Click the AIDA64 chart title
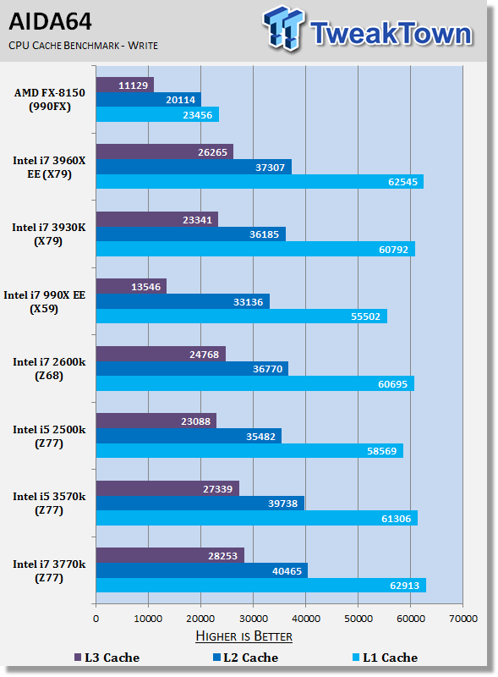(x=50, y=22)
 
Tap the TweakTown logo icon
(x=283, y=28)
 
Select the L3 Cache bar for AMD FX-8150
(x=125, y=85)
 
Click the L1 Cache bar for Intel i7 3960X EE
(x=260, y=182)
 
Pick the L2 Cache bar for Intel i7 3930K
(x=191, y=234)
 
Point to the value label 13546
(x=146, y=287)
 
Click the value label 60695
(x=392, y=384)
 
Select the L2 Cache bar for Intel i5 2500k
(x=189, y=436)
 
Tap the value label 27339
(x=217, y=489)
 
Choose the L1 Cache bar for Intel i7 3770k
(x=261, y=586)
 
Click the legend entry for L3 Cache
(x=107, y=658)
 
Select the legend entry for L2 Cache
(x=245, y=658)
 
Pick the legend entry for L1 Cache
(x=385, y=658)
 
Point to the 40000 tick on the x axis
(x=306, y=619)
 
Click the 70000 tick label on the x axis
(x=463, y=619)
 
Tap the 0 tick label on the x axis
(x=96, y=619)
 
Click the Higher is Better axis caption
(x=244, y=636)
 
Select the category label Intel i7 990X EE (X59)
(x=45, y=302)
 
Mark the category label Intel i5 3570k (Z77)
(x=49, y=504)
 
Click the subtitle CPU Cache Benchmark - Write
(x=84, y=46)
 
